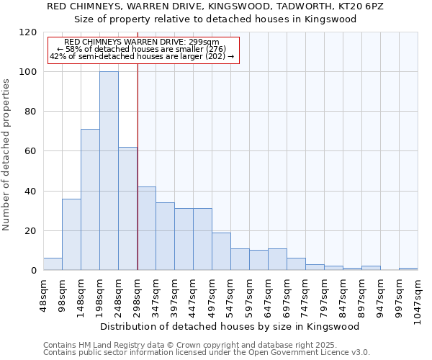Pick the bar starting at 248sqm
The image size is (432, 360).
127,209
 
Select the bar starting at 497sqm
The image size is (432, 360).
221,251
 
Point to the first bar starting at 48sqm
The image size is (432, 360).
53,264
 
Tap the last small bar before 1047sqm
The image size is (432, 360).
408,269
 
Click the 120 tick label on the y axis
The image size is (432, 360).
29,32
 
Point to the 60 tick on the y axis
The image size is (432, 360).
32,152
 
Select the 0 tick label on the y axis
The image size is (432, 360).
34,271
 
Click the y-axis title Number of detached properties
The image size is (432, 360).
7,154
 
